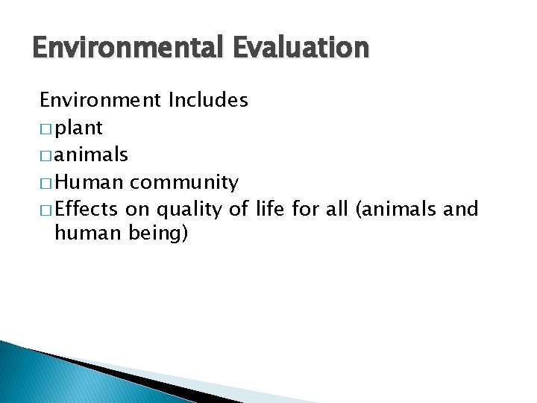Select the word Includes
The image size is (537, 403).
(208, 100)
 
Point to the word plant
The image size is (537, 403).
(78, 128)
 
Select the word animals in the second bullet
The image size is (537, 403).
(92, 154)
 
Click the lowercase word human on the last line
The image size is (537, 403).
(84, 234)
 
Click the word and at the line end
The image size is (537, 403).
(460, 208)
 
